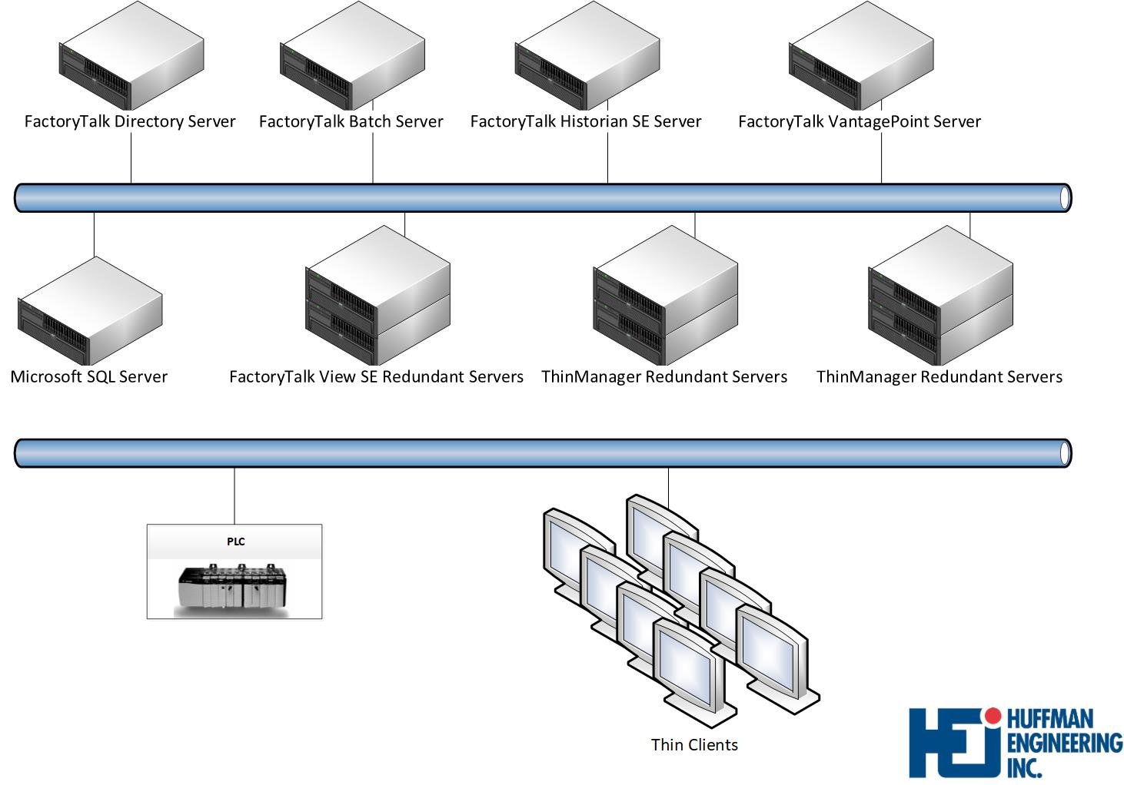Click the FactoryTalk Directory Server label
tap(130, 121)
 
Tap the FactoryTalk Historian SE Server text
tap(585, 121)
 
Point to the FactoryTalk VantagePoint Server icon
tap(861, 58)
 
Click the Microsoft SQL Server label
tap(89, 376)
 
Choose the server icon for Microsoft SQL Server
tap(90, 311)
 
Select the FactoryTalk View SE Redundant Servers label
tap(376, 376)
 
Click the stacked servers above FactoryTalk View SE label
tap(377, 296)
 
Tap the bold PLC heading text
tap(235, 542)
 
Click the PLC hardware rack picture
tap(233, 589)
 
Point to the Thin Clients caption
tap(694, 744)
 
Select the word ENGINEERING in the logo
tap(1064, 743)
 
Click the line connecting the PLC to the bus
tap(234, 495)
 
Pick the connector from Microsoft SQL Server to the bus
tap(94, 234)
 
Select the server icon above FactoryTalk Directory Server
tap(131, 58)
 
